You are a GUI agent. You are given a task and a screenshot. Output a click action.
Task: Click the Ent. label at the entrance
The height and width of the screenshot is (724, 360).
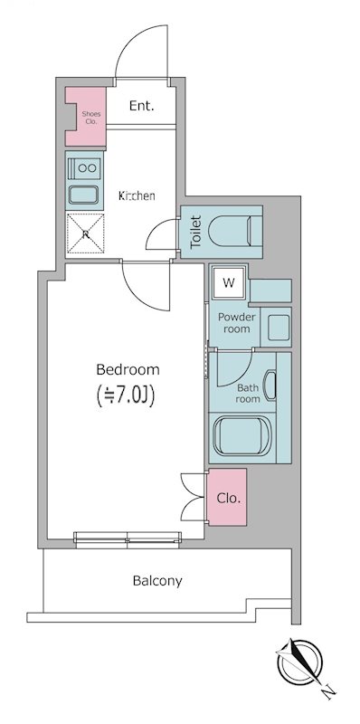(x=142, y=106)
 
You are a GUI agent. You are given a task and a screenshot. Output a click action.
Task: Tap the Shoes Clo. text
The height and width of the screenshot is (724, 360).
(x=91, y=118)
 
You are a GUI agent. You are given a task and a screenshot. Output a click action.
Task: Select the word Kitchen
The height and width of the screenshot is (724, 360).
(x=137, y=195)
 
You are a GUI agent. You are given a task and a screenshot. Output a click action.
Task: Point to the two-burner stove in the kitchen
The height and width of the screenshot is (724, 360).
(x=84, y=167)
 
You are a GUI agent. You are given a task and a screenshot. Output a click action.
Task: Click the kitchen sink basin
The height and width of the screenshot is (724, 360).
(x=83, y=195)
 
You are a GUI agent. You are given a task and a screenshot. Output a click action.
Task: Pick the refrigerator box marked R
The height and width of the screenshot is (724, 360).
(x=85, y=233)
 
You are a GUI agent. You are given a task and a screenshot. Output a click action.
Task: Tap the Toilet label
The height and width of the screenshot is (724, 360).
(x=196, y=232)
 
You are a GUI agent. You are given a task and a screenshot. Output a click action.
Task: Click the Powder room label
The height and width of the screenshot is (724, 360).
(x=237, y=323)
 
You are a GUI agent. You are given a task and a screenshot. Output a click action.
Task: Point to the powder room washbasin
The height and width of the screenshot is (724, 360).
(x=279, y=328)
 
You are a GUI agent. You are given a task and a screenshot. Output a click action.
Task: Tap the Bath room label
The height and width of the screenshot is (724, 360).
(x=248, y=393)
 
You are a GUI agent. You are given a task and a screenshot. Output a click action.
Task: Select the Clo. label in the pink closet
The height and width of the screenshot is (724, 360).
(x=229, y=499)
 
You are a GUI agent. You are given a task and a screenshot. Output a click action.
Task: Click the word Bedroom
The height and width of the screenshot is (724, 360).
(x=128, y=369)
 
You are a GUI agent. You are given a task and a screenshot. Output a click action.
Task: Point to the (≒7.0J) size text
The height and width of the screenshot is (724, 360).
(x=126, y=395)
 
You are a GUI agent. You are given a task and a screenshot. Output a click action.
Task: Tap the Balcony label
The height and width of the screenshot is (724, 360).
(x=157, y=580)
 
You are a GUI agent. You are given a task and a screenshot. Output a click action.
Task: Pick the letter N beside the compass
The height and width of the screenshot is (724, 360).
(x=328, y=691)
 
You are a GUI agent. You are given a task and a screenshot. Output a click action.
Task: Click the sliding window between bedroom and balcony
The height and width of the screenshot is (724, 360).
(x=128, y=539)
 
